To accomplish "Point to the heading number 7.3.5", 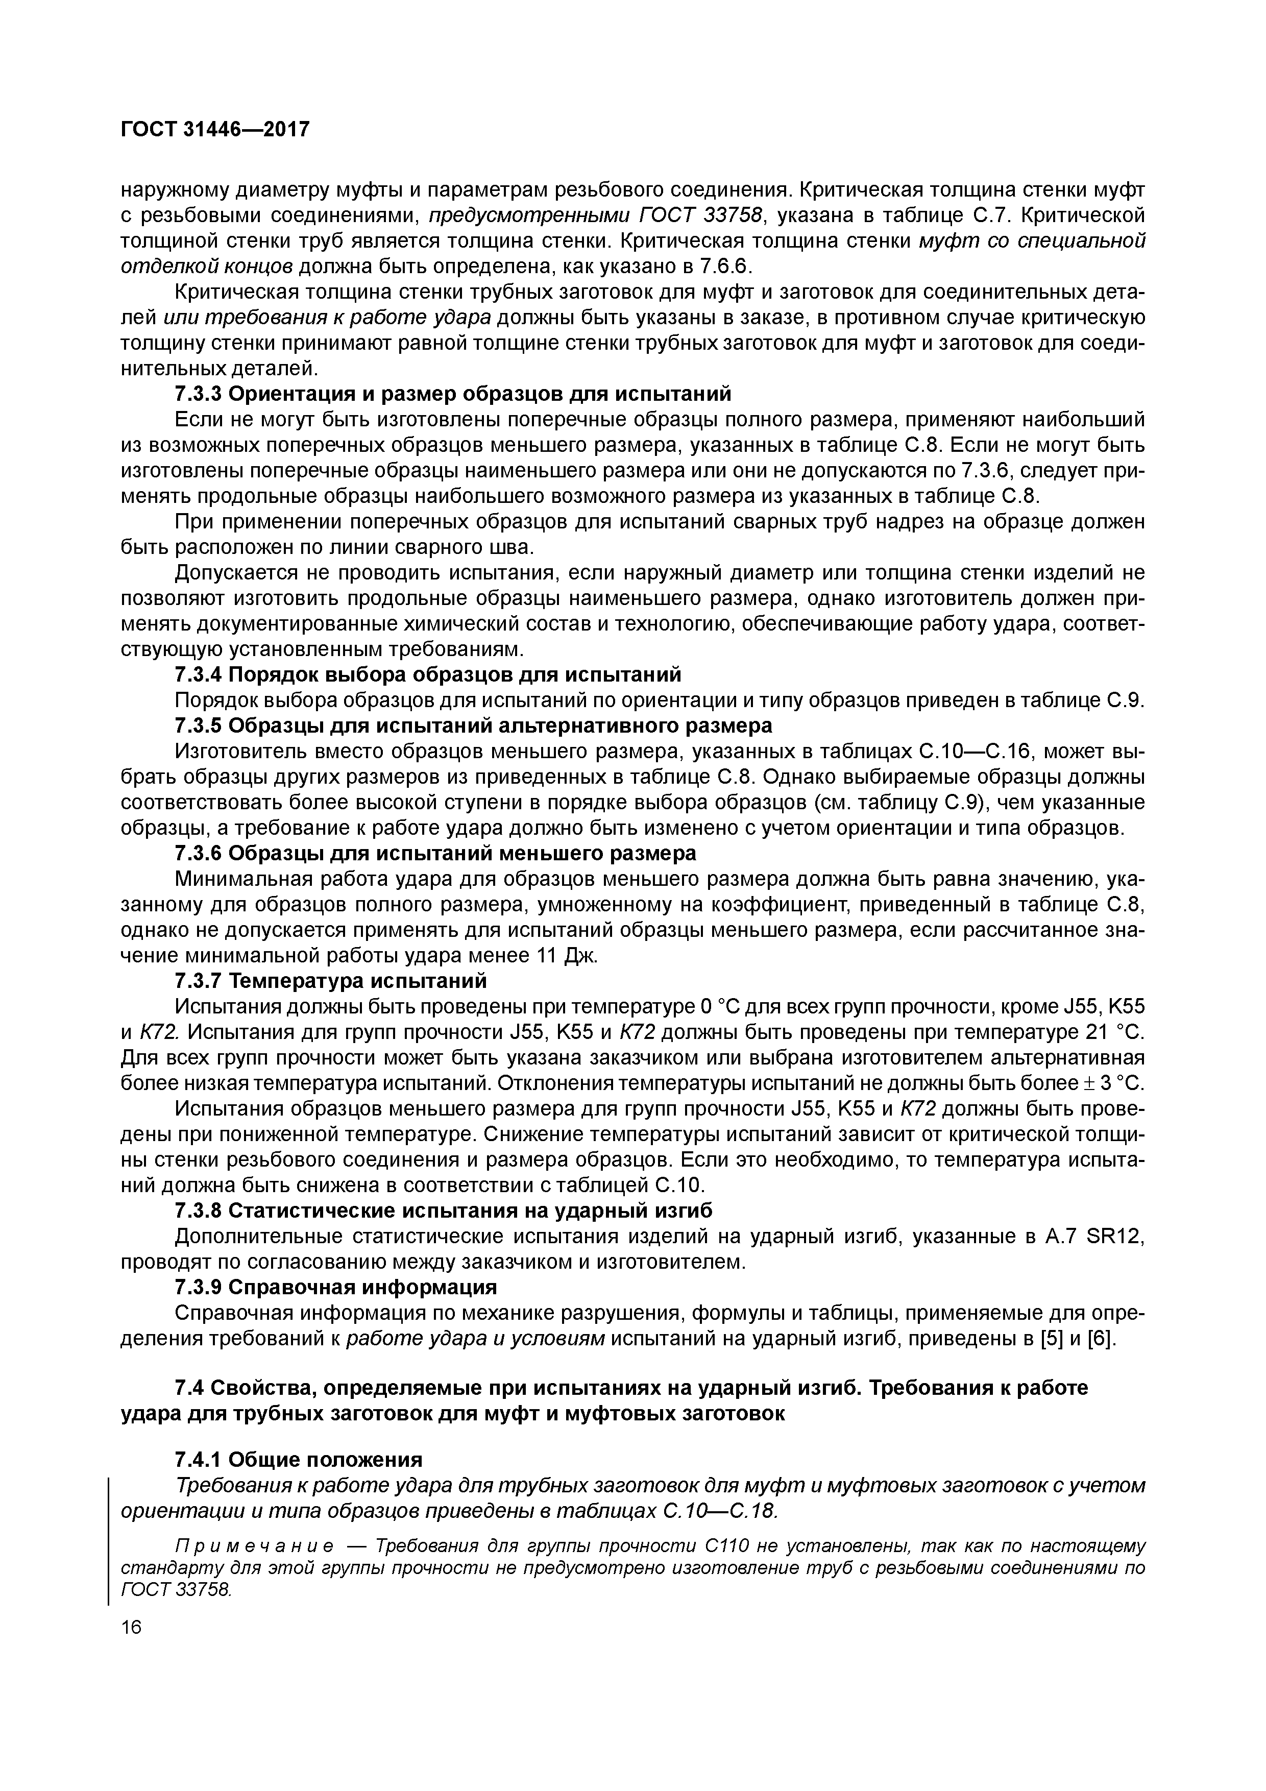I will click(198, 725).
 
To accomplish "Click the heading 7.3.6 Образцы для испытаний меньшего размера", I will click(435, 853).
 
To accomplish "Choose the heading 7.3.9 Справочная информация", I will click(335, 1286).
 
